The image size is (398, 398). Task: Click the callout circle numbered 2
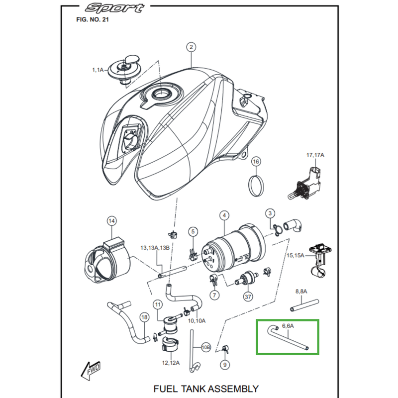click(x=191, y=48)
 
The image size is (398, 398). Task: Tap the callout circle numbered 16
click(x=256, y=161)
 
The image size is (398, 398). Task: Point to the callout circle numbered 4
click(x=225, y=215)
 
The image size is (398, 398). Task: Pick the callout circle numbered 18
click(x=144, y=317)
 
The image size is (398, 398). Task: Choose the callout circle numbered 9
click(x=225, y=365)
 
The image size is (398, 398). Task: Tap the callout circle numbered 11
click(x=158, y=304)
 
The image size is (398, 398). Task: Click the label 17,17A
click(x=315, y=156)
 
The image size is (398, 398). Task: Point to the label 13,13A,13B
click(x=155, y=248)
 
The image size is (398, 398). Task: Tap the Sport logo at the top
click(x=114, y=8)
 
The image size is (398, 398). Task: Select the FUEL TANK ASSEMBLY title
click(x=206, y=388)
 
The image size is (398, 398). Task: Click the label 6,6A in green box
click(x=288, y=326)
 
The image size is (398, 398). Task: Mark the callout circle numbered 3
click(x=269, y=213)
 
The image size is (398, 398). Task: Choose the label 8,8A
click(x=301, y=291)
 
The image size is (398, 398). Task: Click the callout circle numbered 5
click(x=193, y=232)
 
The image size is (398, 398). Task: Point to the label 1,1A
click(x=98, y=71)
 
